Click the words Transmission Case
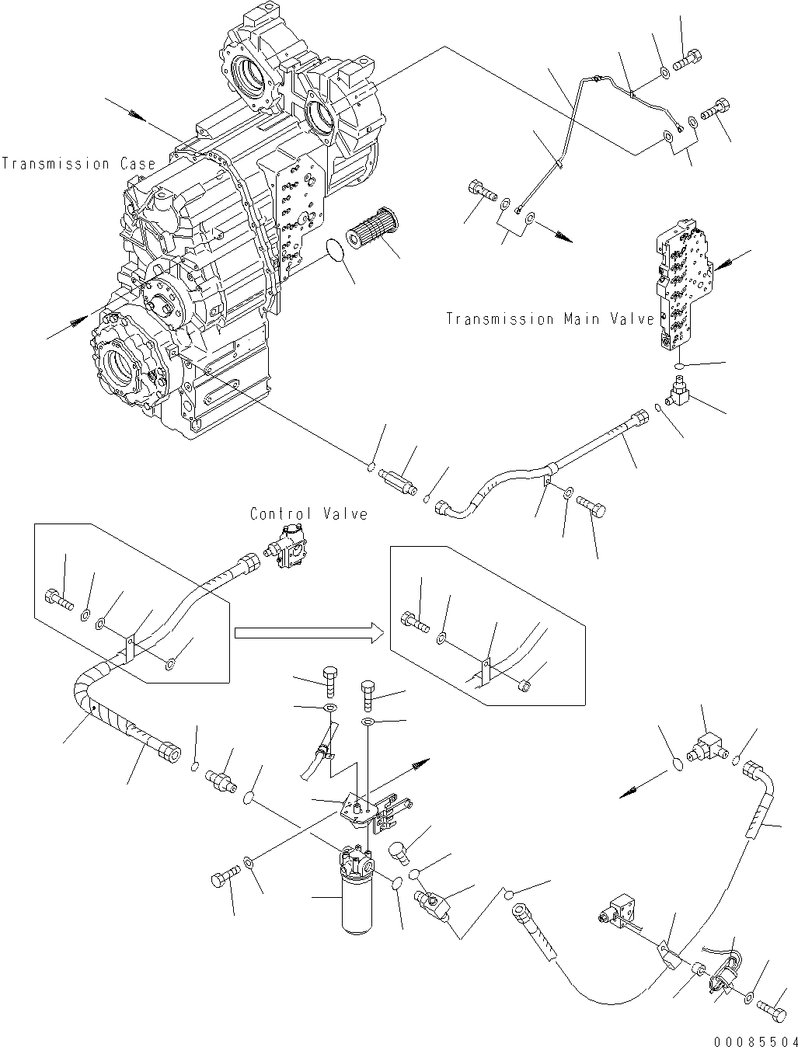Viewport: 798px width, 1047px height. click(78, 164)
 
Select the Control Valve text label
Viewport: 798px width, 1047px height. click(308, 513)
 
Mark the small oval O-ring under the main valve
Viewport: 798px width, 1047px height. click(679, 365)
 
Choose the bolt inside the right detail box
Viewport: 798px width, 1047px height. click(411, 619)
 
